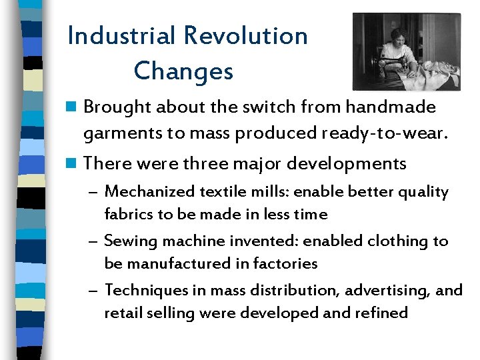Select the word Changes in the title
point(183,71)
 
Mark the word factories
point(285,263)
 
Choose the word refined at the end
point(383,313)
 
